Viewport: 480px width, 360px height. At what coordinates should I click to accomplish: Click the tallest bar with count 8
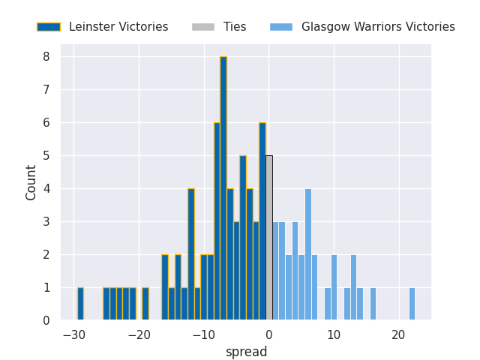[223, 188]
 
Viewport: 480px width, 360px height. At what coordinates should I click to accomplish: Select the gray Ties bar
[269, 238]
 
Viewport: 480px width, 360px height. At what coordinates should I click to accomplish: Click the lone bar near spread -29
[80, 304]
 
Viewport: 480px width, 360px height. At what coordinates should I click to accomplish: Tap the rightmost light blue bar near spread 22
[412, 304]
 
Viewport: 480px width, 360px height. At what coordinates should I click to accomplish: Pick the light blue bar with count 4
[308, 254]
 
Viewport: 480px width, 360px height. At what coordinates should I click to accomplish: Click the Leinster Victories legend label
[118, 27]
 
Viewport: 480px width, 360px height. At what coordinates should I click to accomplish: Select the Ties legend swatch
[202, 27]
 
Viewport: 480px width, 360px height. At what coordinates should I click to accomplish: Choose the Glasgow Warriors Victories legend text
[378, 27]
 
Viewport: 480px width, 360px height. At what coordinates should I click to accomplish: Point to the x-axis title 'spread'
[246, 352]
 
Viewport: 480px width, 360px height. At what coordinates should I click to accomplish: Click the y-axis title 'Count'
[31, 182]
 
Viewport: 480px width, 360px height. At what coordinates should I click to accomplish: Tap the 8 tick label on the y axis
[46, 57]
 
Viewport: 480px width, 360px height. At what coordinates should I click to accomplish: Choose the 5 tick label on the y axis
[46, 156]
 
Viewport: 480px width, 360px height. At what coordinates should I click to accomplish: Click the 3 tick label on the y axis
[46, 222]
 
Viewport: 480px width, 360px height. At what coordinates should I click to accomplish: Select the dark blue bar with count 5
[243, 238]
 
